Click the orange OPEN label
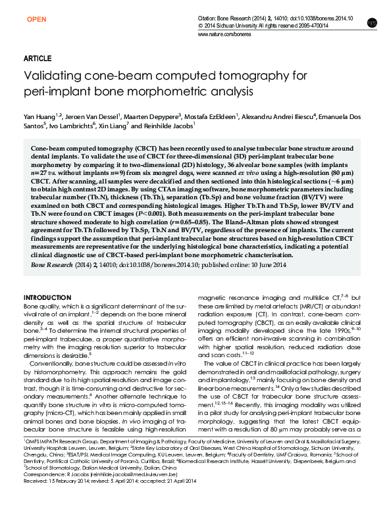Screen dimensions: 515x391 pos(36,20)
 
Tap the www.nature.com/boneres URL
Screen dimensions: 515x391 pos(224,32)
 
